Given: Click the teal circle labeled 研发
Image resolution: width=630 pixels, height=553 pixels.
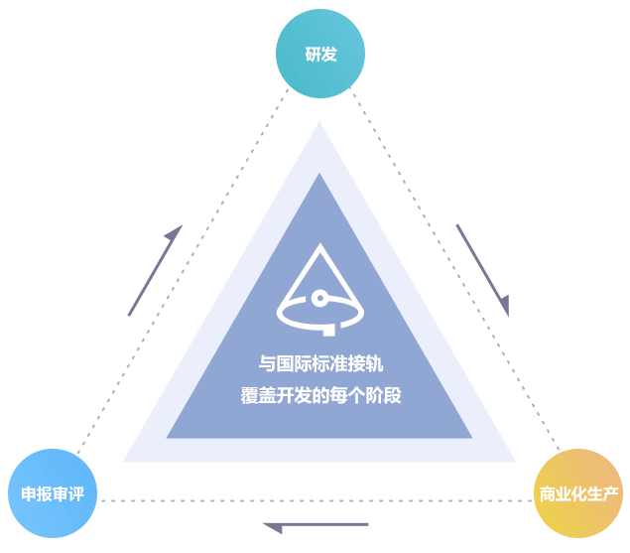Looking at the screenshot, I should click(320, 54).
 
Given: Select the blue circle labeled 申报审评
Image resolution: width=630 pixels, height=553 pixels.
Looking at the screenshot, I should click(53, 493).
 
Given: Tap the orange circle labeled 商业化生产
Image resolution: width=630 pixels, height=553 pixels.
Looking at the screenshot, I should click(578, 493).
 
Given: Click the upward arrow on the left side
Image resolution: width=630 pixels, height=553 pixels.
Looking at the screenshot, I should click(155, 270).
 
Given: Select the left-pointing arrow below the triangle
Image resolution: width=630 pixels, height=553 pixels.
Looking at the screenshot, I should click(315, 525).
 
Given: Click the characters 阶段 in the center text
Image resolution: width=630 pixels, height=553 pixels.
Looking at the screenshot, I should click(384, 394).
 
